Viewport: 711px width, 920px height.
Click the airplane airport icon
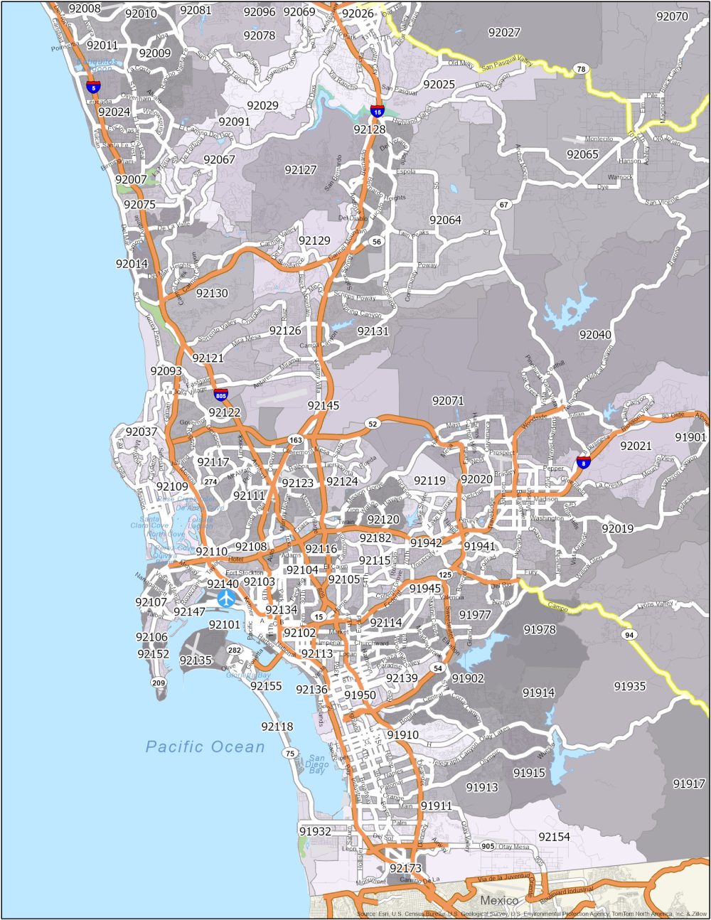(227, 599)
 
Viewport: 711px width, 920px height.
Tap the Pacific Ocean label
(205, 747)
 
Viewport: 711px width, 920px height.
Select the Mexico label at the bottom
(499, 900)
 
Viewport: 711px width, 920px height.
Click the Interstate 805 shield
(221, 395)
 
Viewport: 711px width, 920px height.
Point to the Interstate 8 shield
(583, 463)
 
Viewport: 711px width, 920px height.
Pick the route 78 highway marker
(581, 69)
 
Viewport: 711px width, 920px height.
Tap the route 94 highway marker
(628, 634)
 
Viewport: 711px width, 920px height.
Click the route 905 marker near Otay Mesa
(487, 846)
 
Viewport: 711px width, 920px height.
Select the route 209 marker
(158, 683)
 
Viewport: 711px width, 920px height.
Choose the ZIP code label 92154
(554, 837)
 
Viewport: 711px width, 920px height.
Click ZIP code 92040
(595, 334)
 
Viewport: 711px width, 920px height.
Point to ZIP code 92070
(672, 16)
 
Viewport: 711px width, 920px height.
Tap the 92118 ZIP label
(277, 727)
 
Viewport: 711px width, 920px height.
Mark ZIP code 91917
(689, 783)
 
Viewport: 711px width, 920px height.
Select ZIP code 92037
(141, 432)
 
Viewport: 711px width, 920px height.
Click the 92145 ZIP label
(324, 405)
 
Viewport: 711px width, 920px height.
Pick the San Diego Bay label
(317, 764)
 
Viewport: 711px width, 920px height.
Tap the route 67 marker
(504, 205)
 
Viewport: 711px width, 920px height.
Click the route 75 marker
(289, 753)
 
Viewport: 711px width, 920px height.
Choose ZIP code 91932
(315, 831)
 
